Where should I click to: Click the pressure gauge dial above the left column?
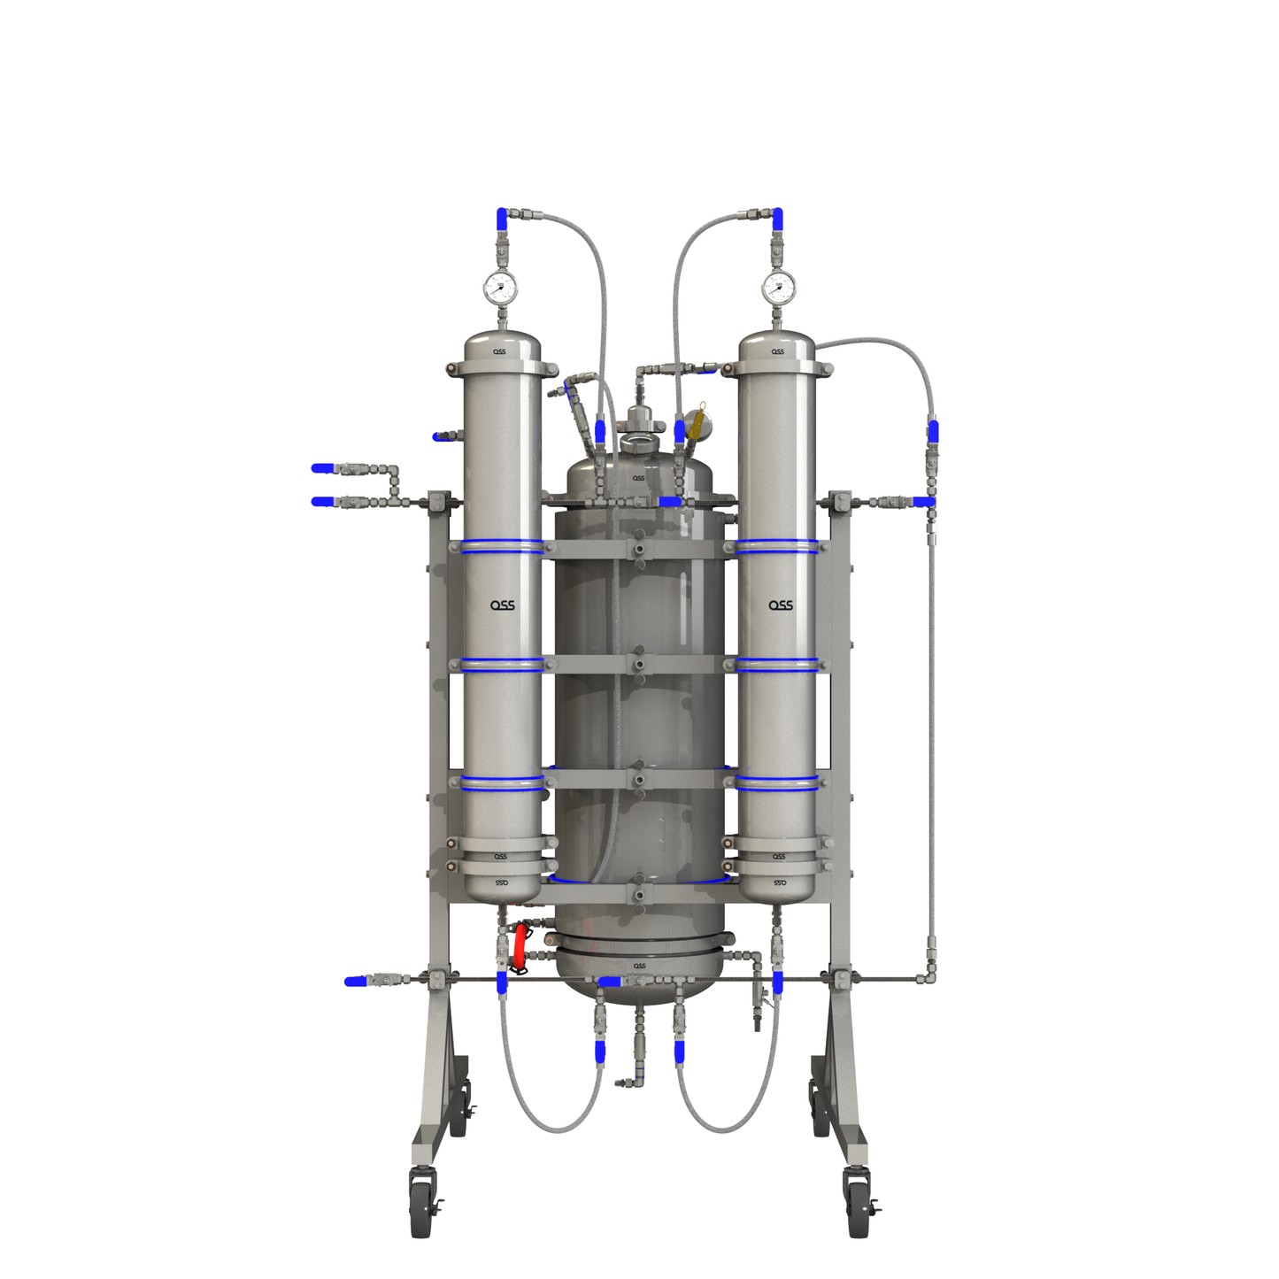coord(500,287)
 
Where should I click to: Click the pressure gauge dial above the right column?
coord(779,287)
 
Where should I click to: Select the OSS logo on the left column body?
coord(503,605)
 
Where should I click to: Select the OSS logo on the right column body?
coord(780,605)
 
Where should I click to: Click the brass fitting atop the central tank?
coord(698,423)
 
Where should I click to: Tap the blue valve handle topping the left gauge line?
coord(502,218)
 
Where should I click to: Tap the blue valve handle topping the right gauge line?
coord(777,218)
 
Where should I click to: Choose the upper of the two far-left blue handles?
coord(323,468)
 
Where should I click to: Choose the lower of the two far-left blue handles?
coord(323,502)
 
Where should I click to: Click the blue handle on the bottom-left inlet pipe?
coord(355,981)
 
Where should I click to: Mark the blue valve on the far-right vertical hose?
coord(933,432)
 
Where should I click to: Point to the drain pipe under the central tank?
coord(639,1044)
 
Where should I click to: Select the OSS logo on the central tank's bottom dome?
coord(639,966)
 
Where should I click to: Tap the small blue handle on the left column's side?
coord(439,436)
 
